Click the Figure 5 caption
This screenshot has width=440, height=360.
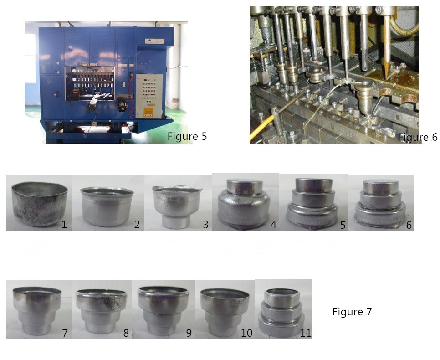pyautogui.click(x=187, y=136)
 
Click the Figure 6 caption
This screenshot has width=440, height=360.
pyautogui.click(x=418, y=137)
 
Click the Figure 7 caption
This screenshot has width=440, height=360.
pyautogui.click(x=352, y=312)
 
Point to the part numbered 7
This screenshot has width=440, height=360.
pyautogui.click(x=37, y=310)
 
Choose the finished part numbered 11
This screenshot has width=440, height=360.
pyautogui.click(x=281, y=311)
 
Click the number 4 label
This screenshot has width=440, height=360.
pyautogui.click(x=273, y=224)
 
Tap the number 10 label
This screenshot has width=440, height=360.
pyautogui.click(x=247, y=333)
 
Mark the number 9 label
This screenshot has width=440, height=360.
pyautogui.click(x=189, y=333)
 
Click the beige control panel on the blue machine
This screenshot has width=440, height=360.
pyautogui.click(x=149, y=96)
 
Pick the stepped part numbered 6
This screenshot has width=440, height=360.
pyautogui.click(x=381, y=204)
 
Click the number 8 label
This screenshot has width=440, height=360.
pyautogui.click(x=126, y=333)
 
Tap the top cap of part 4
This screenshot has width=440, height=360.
pyautogui.click(x=245, y=186)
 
